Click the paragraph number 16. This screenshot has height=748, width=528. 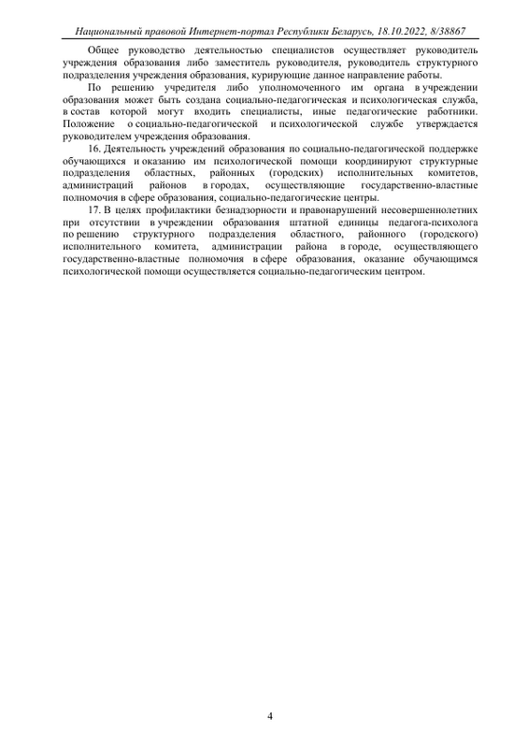(x=93, y=149)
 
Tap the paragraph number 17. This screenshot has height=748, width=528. (x=93, y=211)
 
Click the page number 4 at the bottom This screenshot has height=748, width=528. (x=270, y=717)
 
